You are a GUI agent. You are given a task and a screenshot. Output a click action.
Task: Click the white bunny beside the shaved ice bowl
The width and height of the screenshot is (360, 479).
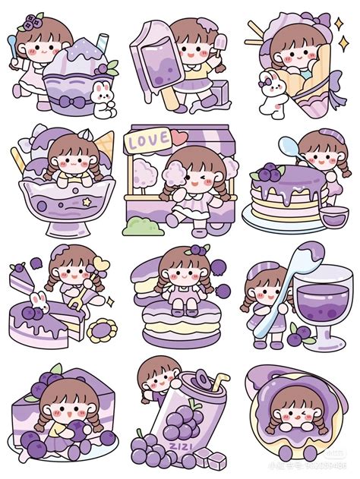pos(99,96)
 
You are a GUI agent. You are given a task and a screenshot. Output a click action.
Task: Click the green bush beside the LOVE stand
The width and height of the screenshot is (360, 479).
pos(137,225)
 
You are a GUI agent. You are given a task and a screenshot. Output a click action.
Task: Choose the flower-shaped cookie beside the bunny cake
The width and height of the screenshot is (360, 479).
pos(99,331)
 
